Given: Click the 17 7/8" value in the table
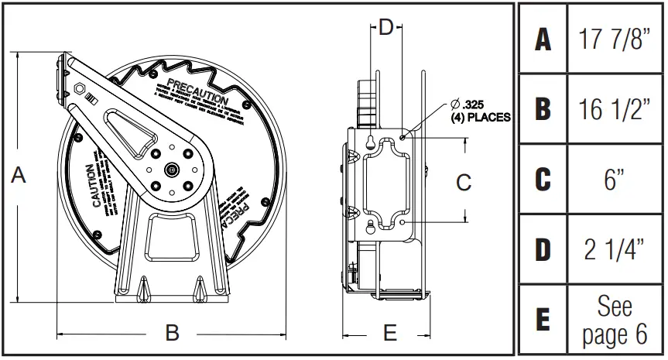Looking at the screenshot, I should pyautogui.click(x=615, y=39).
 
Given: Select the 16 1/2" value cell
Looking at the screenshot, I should pyautogui.click(x=615, y=110).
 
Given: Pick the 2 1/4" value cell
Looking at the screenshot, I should pyautogui.click(x=615, y=250).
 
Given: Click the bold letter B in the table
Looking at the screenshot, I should pyautogui.click(x=543, y=110).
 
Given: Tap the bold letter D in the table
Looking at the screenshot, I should pyautogui.click(x=543, y=250).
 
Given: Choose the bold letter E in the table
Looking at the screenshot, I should pyautogui.click(x=543, y=320).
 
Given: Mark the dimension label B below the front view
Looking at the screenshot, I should pyautogui.click(x=173, y=333).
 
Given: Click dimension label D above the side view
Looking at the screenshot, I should pyautogui.click(x=386, y=29).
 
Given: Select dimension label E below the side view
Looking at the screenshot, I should pyautogui.click(x=391, y=334).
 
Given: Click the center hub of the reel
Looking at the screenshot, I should pyautogui.click(x=170, y=168).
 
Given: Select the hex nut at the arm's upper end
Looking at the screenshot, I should pyautogui.click(x=80, y=88).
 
